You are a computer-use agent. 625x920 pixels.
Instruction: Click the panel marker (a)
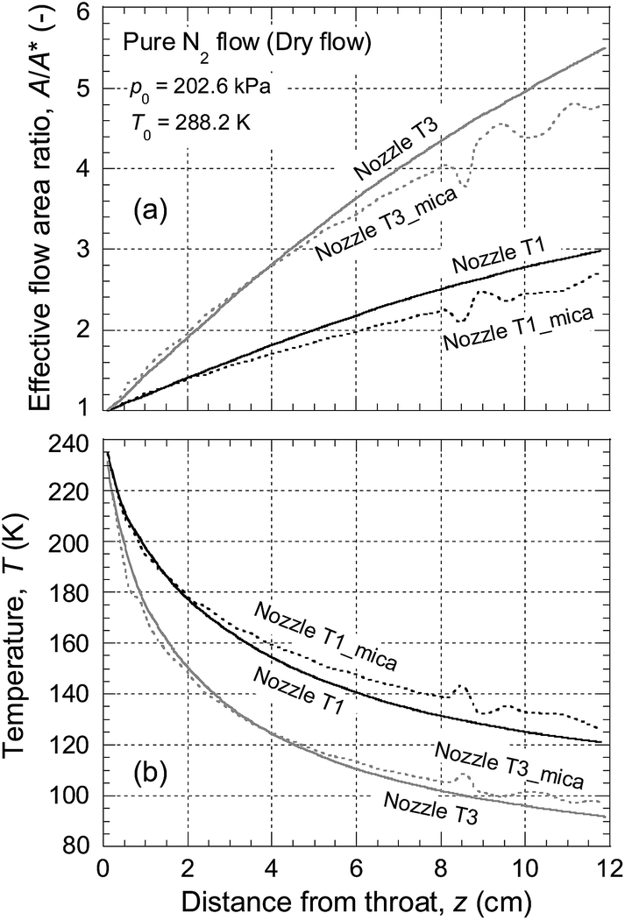[151, 209]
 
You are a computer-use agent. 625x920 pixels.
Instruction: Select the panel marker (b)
[151, 773]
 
